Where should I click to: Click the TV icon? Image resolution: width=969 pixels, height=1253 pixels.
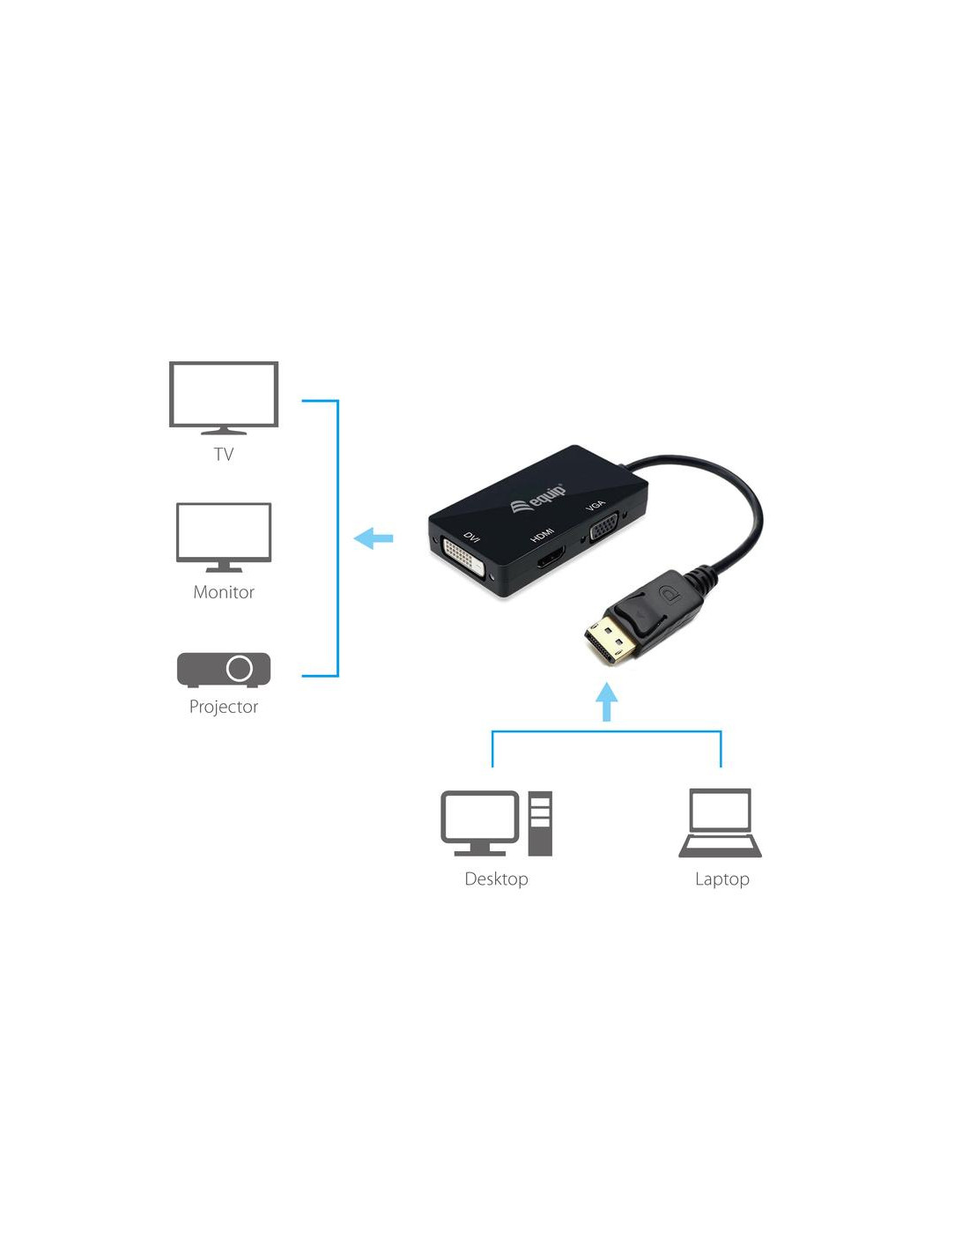coord(224,397)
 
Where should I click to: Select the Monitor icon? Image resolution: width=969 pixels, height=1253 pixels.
coord(224,537)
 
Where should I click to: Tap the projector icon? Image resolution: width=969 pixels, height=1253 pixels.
coord(224,670)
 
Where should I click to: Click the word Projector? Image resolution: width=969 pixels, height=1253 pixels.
coord(224,707)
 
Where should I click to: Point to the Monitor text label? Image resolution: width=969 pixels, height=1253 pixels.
coord(224,592)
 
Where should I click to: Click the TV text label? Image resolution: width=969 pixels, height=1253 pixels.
coord(224,455)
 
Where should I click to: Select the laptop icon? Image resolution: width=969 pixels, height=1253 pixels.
coord(720,823)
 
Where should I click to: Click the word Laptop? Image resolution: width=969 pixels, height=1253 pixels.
coord(721,879)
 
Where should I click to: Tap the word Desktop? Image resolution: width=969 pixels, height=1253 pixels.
coord(496,879)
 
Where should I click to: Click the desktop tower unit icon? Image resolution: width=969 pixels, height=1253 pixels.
coord(540,823)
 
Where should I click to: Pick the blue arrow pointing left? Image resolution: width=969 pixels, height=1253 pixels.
coord(373,538)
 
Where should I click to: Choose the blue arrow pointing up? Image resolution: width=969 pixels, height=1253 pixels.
coord(606,701)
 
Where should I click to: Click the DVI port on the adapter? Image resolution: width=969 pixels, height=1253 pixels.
coord(462,560)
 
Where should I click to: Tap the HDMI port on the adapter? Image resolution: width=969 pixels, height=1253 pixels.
coord(550,560)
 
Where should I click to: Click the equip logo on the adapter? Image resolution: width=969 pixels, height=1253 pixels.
coord(538,497)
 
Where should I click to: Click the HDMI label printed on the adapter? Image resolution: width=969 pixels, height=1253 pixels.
coord(542,535)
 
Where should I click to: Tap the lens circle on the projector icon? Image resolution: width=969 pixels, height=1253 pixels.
coord(240,668)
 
